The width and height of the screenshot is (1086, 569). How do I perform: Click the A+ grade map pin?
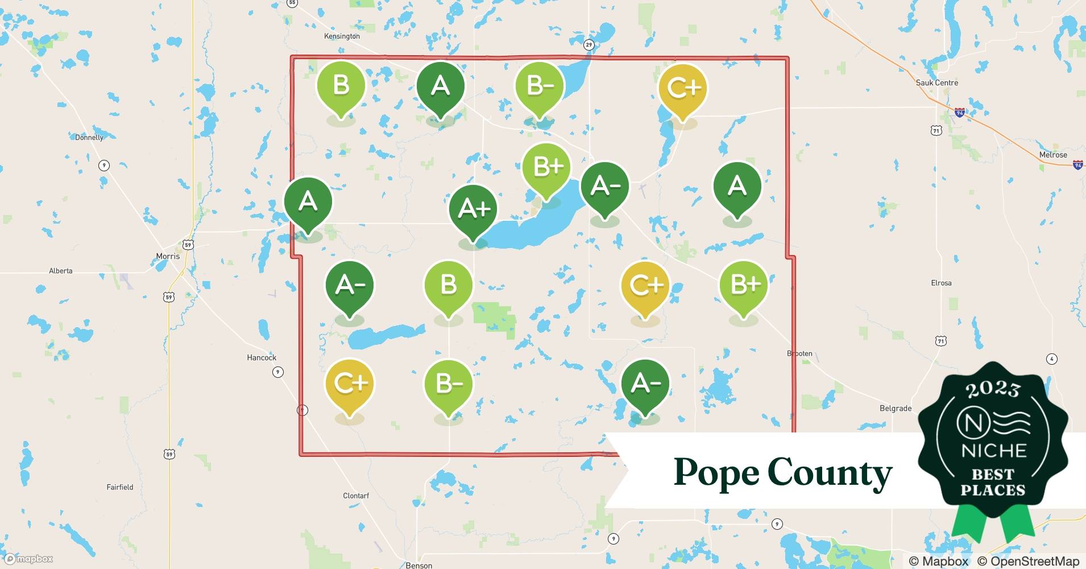point(473,209)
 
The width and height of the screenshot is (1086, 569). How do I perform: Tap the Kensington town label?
point(342,36)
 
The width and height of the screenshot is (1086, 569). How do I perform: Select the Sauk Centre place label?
point(936,83)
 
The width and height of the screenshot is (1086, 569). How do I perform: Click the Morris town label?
point(168,257)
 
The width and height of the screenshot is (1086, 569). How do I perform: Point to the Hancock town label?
point(262,358)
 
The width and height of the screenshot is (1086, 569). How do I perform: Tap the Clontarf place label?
point(356,496)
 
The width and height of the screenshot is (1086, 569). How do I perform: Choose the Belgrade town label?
point(896,409)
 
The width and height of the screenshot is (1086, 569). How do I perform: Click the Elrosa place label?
point(941,283)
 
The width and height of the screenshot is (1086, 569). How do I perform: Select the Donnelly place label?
point(89,138)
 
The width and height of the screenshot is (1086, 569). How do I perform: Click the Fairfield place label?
point(120,488)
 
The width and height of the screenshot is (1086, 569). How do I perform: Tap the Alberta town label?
point(61,271)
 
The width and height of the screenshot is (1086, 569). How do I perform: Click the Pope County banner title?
point(782,472)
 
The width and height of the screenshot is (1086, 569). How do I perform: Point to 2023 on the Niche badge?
point(993,389)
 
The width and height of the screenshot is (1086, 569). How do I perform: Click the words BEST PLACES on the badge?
point(993,482)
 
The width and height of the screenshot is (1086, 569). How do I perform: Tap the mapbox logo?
point(30,559)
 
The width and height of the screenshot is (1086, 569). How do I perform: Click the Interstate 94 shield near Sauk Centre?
point(959,113)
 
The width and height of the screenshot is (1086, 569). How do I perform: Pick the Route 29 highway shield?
point(588,45)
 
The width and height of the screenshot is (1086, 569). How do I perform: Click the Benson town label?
point(419,565)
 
